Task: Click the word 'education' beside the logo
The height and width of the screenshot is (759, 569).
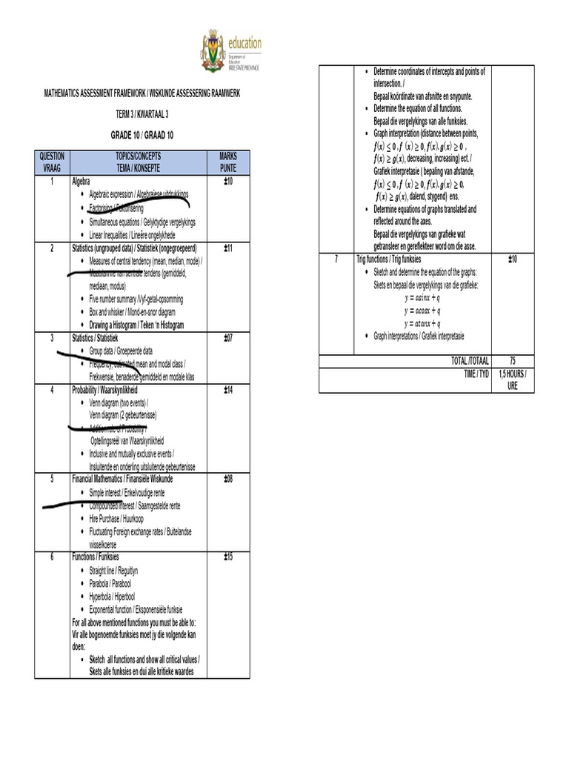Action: click(x=244, y=43)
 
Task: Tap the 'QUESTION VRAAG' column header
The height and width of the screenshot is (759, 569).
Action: click(x=51, y=162)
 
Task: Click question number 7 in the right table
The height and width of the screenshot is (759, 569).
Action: click(x=336, y=259)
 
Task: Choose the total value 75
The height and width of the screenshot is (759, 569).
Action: click(x=512, y=360)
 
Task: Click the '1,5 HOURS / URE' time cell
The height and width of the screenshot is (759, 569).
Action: click(x=512, y=379)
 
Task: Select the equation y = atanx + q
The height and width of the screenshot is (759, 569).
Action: click(x=422, y=323)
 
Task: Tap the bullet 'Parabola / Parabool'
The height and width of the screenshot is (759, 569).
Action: click(x=112, y=583)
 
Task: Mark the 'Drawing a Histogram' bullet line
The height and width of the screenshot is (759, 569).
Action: click(x=136, y=325)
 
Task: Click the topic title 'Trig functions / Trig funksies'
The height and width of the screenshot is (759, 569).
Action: click(x=388, y=259)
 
